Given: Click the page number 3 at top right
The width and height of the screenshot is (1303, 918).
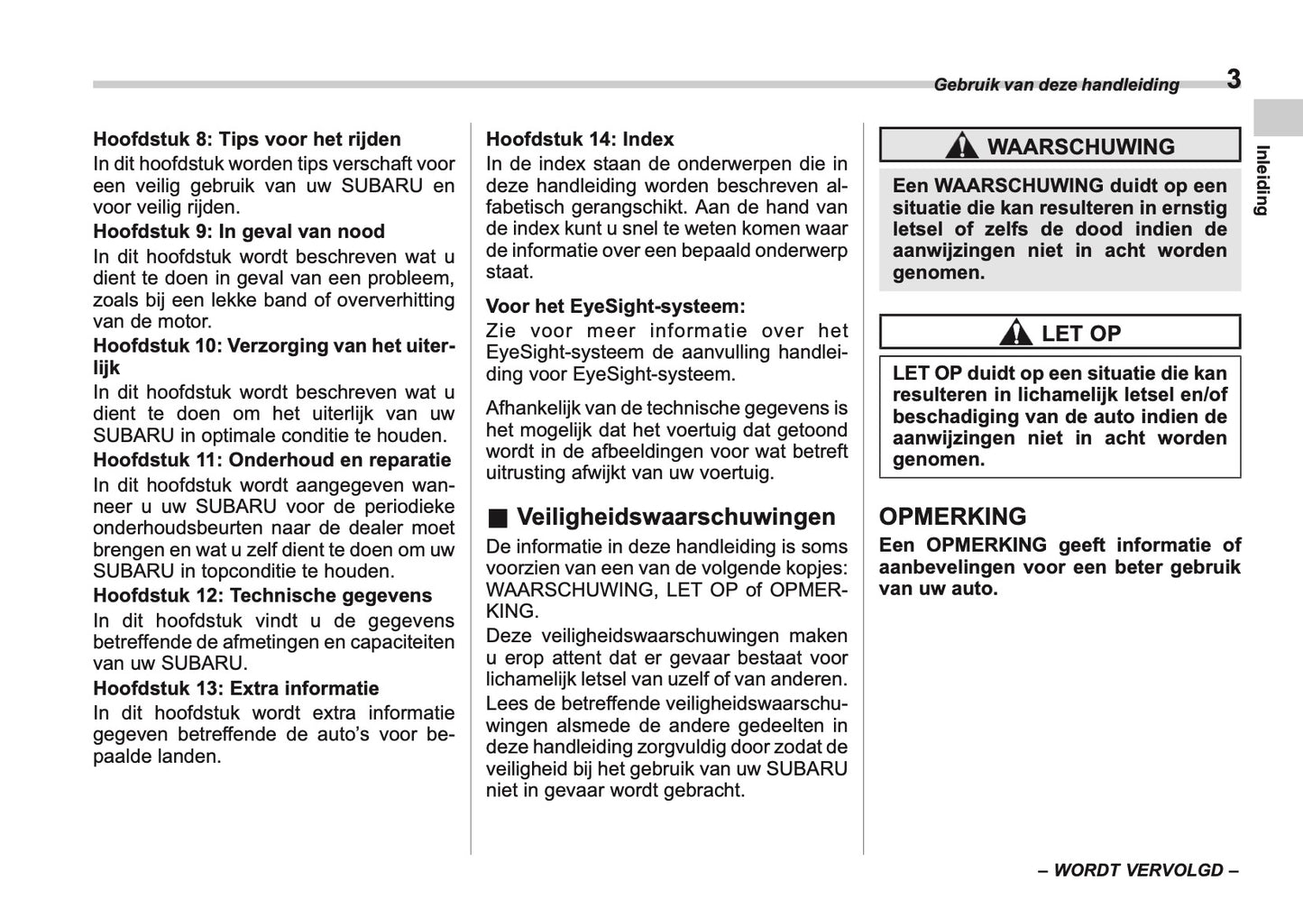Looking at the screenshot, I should pyautogui.click(x=1234, y=79).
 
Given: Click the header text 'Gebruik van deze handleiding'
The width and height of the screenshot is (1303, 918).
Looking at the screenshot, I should pyautogui.click(x=1056, y=85).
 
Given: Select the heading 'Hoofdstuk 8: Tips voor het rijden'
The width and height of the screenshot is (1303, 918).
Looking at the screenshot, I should pyautogui.click(x=247, y=139).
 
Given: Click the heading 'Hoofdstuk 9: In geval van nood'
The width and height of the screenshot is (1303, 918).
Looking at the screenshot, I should pyautogui.click(x=239, y=231).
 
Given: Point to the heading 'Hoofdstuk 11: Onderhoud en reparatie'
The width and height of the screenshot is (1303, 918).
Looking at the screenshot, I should pyautogui.click(x=272, y=460).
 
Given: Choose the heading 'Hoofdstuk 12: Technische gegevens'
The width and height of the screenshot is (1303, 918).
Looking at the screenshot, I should pyautogui.click(x=262, y=595).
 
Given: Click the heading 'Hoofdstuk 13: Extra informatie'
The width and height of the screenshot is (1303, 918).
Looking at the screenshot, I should pyautogui.click(x=236, y=688).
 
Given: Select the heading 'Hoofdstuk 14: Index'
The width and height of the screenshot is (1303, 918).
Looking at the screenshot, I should pyautogui.click(x=580, y=139).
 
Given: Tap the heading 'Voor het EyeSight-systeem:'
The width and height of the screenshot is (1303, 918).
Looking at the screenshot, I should pyautogui.click(x=616, y=306).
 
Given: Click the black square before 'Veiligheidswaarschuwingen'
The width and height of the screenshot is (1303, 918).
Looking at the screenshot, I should pyautogui.click(x=498, y=519).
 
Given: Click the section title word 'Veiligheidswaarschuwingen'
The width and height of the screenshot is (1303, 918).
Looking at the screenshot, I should pyautogui.click(x=676, y=517).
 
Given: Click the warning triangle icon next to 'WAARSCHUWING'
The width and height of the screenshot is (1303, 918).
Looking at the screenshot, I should pyautogui.click(x=963, y=145).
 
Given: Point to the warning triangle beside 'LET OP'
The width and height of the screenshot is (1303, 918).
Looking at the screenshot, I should pyautogui.click(x=1015, y=333).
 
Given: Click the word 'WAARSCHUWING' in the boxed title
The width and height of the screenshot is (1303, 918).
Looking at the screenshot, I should pyautogui.click(x=1080, y=146).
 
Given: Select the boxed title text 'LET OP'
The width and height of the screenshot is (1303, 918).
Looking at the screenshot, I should pyautogui.click(x=1080, y=333).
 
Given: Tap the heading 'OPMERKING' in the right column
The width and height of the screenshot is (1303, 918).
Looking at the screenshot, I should pyautogui.click(x=952, y=517).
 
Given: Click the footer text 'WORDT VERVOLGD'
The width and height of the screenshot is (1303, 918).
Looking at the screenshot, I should pyautogui.click(x=1138, y=870).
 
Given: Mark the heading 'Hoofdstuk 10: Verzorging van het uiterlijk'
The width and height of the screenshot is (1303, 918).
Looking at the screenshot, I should pyautogui.click(x=274, y=345).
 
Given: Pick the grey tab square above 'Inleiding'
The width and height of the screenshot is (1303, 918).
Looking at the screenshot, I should pyautogui.click(x=1278, y=117).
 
